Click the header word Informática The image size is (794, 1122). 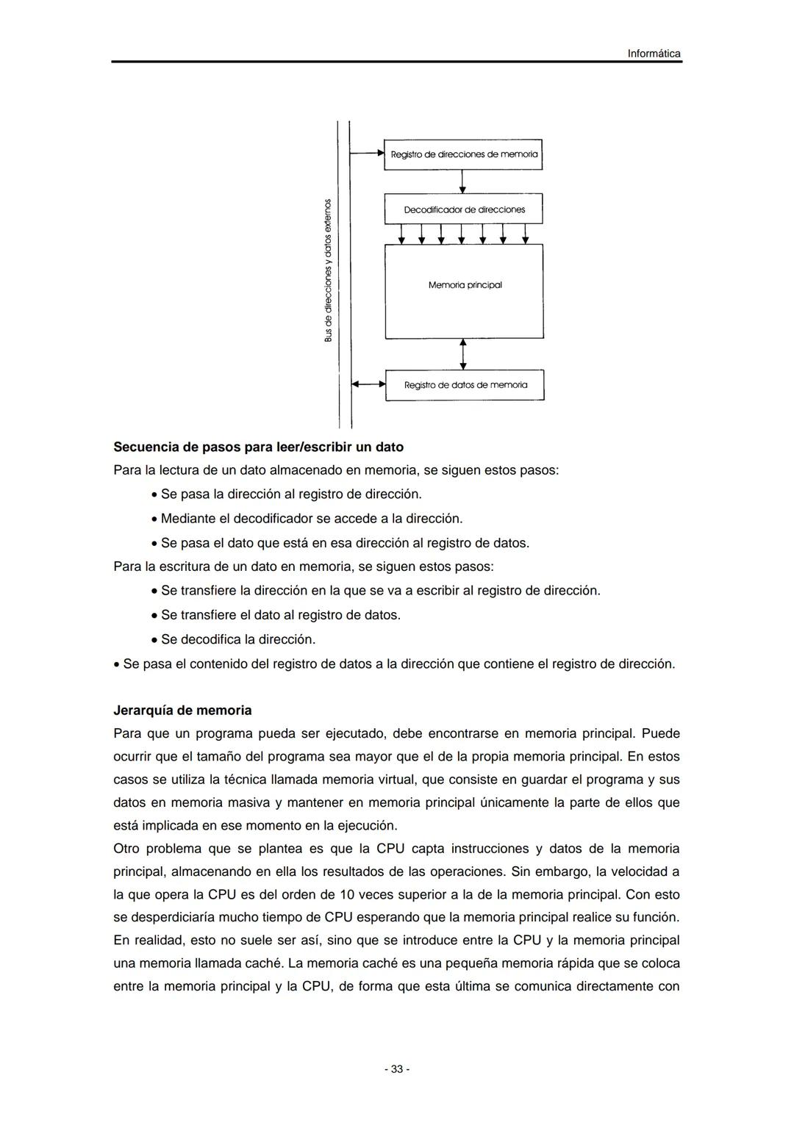coord(653,54)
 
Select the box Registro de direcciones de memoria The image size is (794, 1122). coord(463,154)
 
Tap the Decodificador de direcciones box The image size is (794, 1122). coord(464,209)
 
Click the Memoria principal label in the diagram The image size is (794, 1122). coord(465,285)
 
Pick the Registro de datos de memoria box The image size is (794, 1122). coord(465,385)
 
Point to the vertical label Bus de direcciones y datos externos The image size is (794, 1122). coord(329,270)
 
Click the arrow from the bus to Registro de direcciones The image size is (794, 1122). coord(367,154)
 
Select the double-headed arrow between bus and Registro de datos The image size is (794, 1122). coord(368,384)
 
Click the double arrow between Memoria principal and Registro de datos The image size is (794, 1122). coord(463,354)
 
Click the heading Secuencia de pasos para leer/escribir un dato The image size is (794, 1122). coord(258,447)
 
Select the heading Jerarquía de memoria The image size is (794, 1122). coord(182,711)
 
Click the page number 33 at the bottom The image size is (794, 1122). coord(397,1069)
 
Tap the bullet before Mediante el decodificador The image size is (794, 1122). coord(154,519)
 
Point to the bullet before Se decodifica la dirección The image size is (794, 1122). coord(154,640)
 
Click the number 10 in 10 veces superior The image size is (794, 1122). coord(347,895)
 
